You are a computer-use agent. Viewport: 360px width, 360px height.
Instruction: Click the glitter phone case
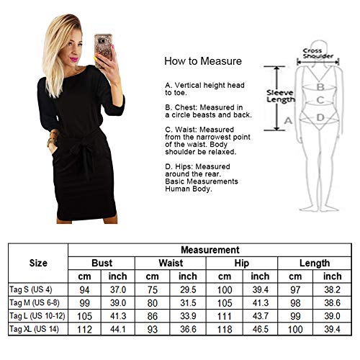pyautogui.click(x=103, y=49)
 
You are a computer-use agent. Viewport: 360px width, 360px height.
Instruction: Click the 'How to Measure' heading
pyautogui.click(x=203, y=61)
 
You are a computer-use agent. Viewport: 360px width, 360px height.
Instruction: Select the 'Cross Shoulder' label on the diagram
pyautogui.click(x=318, y=53)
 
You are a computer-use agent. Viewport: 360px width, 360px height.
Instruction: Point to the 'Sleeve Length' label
pyautogui.click(x=281, y=96)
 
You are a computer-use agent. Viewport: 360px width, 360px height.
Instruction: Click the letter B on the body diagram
pyautogui.click(x=320, y=87)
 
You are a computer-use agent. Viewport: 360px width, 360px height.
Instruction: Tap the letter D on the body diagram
pyautogui.click(x=320, y=117)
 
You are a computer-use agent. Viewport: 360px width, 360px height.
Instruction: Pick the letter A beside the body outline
pyautogui.click(x=288, y=120)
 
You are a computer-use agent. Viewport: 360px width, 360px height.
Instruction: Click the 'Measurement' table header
pyautogui.click(x=210, y=250)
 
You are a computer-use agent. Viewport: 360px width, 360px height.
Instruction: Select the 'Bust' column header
pyautogui.click(x=102, y=263)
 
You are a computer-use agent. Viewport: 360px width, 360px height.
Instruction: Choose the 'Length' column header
pyautogui.click(x=315, y=264)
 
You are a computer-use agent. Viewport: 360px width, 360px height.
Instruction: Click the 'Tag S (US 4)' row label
pyautogui.click(x=31, y=289)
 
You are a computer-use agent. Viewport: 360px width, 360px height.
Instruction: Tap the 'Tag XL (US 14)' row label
pyautogui.click(x=34, y=329)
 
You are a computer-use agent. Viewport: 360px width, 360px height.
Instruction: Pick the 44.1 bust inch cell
pyautogui.click(x=118, y=329)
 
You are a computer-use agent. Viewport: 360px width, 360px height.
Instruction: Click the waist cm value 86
pyautogui.click(x=153, y=316)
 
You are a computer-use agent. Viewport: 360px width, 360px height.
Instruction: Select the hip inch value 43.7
pyautogui.click(x=261, y=316)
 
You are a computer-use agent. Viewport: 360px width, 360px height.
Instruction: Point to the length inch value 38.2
pyautogui.click(x=332, y=290)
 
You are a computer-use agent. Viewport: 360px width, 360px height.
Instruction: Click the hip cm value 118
pyautogui.click(x=225, y=329)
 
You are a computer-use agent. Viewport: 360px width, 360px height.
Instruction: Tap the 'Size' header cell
pyautogui.click(x=38, y=263)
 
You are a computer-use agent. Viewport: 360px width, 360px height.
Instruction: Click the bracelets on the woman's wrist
pyautogui.click(x=53, y=139)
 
